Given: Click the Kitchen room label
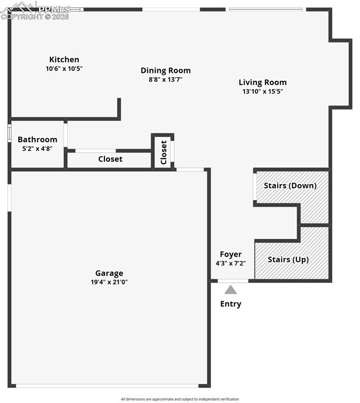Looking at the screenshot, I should coord(64,60).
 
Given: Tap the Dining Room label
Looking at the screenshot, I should coord(165,71).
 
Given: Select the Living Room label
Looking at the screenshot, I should coord(262,82).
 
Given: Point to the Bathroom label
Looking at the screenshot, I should coord(37,140).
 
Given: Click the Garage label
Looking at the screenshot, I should coord(109,273).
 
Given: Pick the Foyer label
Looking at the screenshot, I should coord(230,254).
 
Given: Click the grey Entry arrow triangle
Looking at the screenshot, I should coord(230,290).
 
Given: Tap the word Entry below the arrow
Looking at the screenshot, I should coord(230,304).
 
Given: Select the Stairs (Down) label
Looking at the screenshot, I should coord(290,186).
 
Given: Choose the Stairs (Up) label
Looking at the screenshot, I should coord(288,260).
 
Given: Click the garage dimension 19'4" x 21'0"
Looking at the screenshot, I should coord(109,282).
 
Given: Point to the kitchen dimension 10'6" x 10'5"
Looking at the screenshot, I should coord(64,69).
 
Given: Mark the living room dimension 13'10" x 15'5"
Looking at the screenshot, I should coord(262,91).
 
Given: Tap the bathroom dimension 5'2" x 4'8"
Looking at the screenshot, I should coord(37,149).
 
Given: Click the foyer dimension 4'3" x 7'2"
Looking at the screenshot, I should coord(230,263).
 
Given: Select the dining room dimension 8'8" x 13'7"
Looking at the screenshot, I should coord(165,80).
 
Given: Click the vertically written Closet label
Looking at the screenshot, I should coord(163,152).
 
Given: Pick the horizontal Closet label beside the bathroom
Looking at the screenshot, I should coord(110,159).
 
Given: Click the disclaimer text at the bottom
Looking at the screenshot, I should coord(179,399).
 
